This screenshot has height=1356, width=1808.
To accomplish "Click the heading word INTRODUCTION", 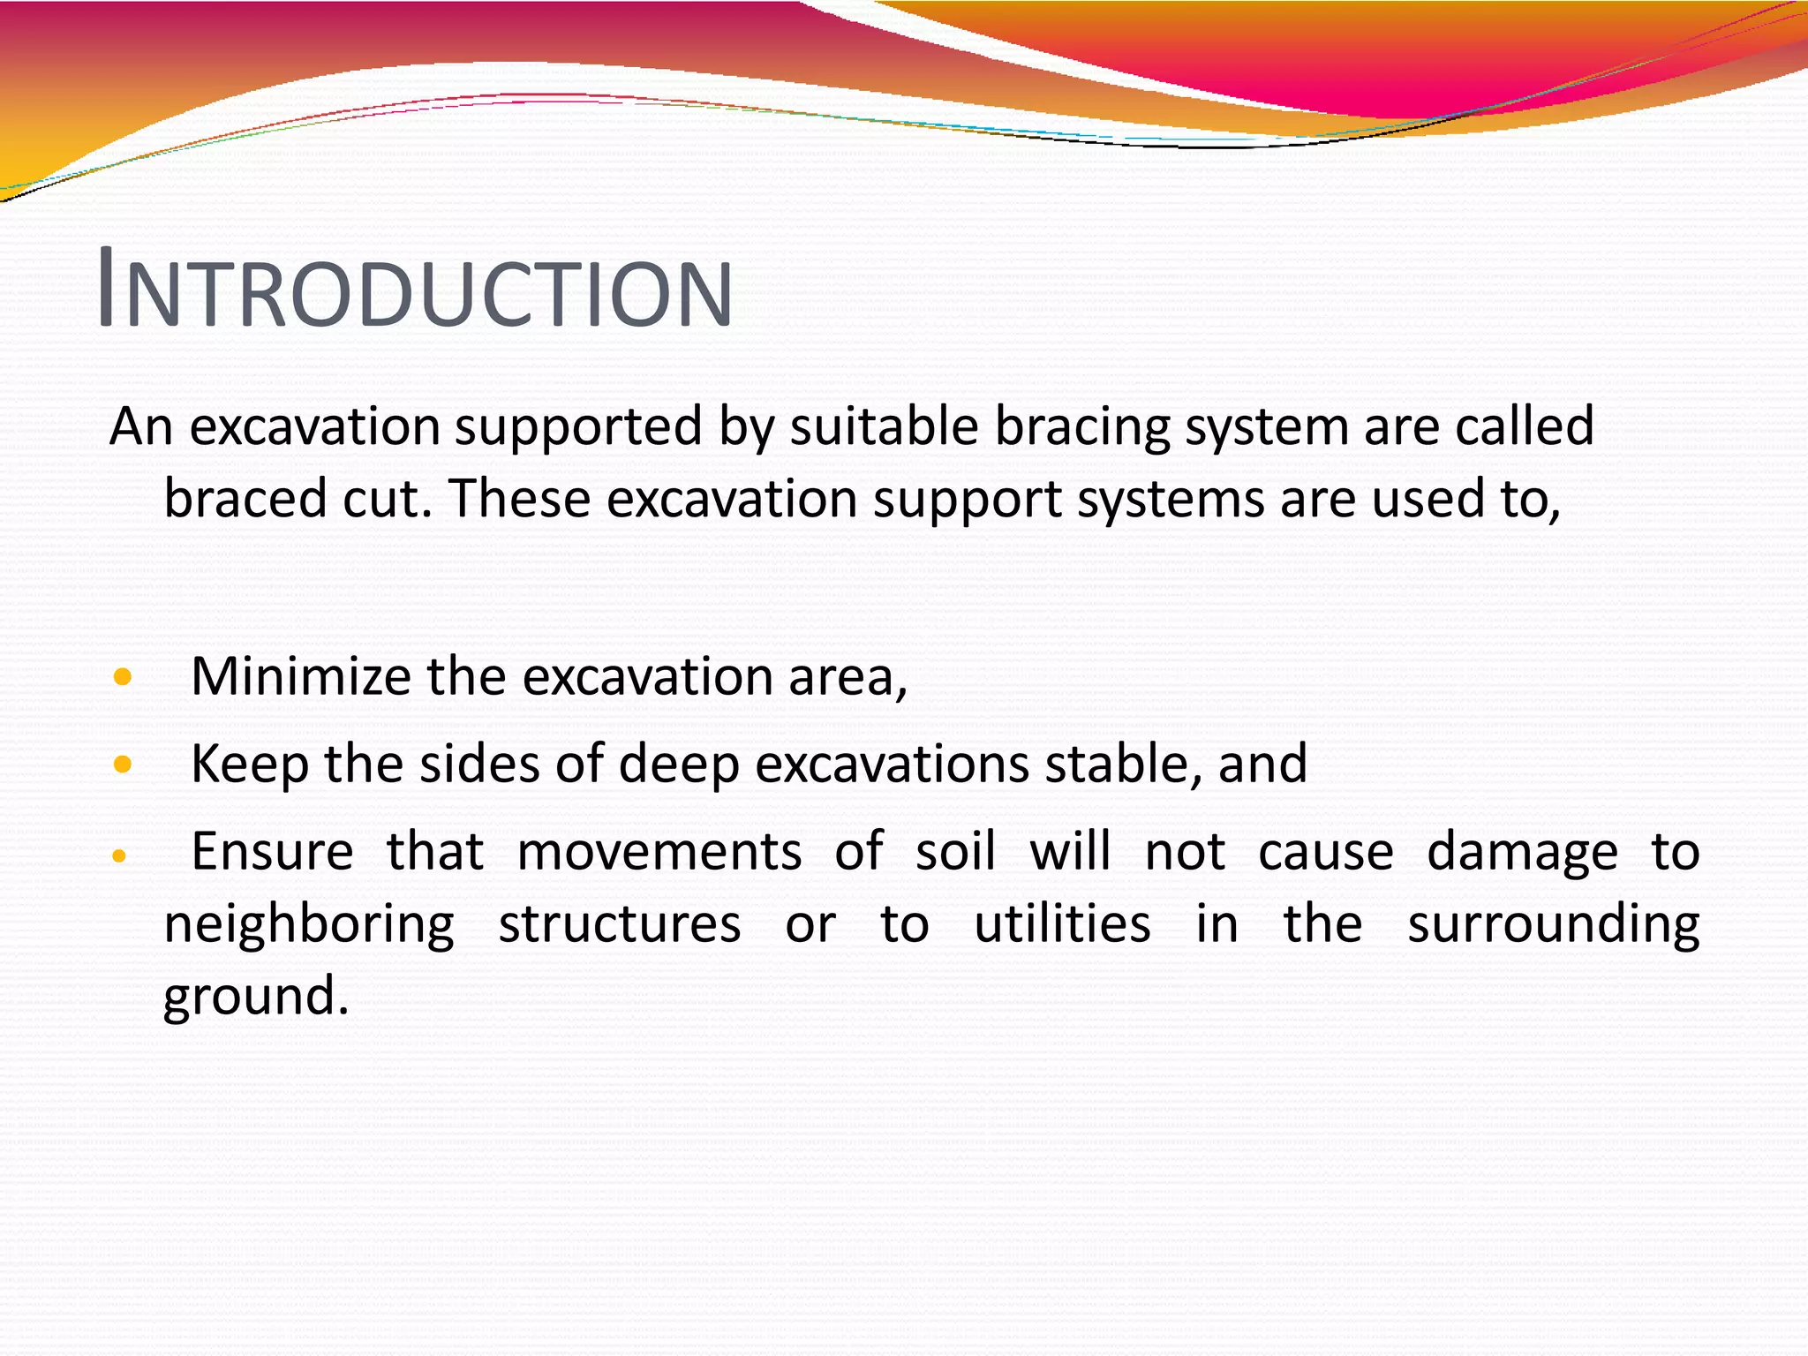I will click(x=416, y=290).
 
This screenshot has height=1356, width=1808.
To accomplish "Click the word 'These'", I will click(x=520, y=499).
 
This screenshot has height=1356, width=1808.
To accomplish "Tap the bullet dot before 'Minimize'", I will click(x=123, y=678).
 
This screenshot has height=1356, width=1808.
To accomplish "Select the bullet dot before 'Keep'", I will click(x=123, y=765).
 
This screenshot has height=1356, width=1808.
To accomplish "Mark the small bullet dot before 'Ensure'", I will click(x=120, y=855).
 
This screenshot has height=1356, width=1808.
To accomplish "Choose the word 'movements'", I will click(x=659, y=853).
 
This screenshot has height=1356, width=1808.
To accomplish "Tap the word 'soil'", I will click(x=955, y=853).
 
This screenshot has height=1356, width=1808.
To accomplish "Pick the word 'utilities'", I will click(x=1062, y=925).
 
